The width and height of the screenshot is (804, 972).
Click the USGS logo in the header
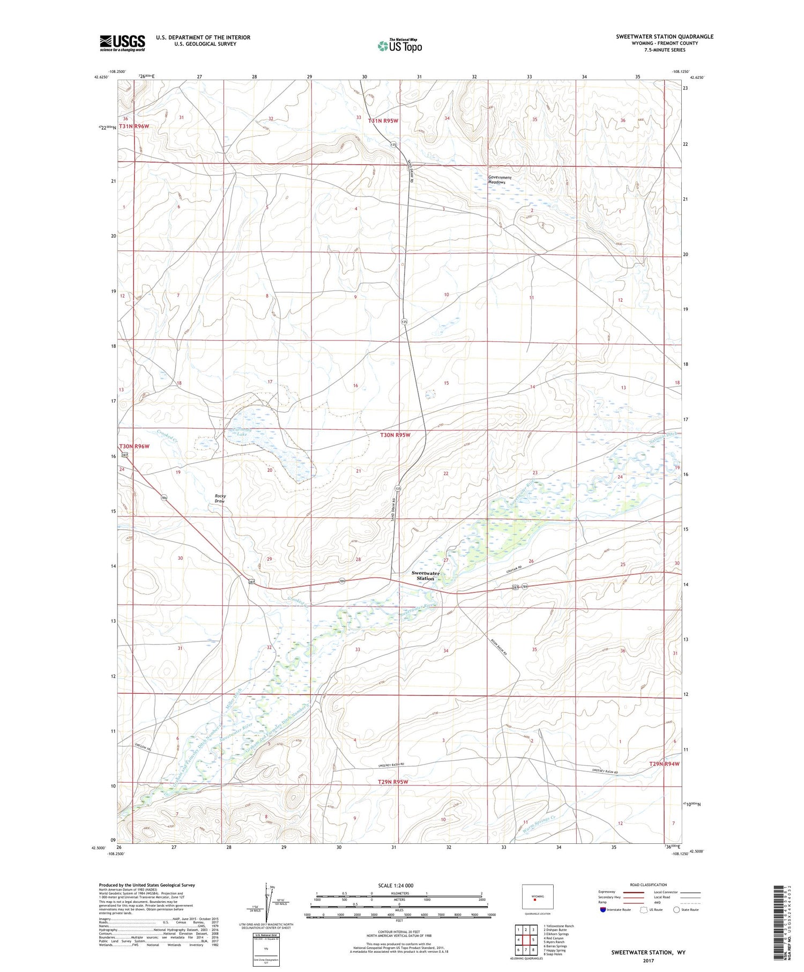coord(122,43)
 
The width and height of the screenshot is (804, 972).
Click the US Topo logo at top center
coord(399,46)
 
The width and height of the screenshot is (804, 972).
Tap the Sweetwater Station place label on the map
coord(426,576)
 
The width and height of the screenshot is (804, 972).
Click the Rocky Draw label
coord(220,499)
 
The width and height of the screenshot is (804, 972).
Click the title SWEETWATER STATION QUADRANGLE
coord(664,36)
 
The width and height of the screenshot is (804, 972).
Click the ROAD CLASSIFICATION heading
coord(649,885)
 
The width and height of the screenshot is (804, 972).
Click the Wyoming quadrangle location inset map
coord(537,896)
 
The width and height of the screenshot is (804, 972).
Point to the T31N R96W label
coord(134,127)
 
